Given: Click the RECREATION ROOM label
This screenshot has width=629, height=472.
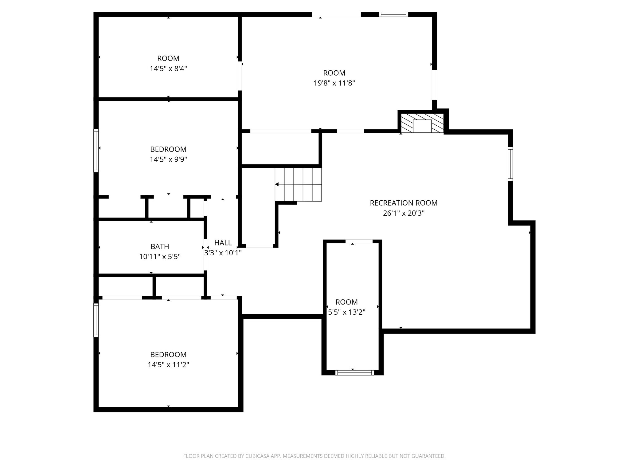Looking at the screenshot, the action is coord(404,203).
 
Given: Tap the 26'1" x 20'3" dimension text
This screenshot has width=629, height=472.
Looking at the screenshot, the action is coord(404,213).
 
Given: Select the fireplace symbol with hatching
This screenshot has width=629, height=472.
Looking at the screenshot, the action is coord(422,123).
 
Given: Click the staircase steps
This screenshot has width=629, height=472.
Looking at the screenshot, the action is coord(298,184).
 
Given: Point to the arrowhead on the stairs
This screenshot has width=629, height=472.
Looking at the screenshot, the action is coord(277,184).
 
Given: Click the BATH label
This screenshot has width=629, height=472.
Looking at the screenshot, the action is coord(160,246).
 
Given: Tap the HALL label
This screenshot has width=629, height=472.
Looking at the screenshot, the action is coord(223,243).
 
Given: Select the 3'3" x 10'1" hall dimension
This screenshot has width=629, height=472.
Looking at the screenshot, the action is coord(223,253).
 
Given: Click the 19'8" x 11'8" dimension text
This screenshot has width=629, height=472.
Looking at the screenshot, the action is coord(334,83).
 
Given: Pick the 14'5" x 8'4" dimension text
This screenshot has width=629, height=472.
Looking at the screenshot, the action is coord(168,69).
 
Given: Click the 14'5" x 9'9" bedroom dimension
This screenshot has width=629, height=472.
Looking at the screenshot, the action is coord(168,159).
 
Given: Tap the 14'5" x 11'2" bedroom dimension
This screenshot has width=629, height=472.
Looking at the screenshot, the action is coord(168,365).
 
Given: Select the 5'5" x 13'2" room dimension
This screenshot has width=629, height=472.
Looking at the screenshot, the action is coord(346,312).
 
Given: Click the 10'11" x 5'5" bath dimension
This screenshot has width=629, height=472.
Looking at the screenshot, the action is coord(160,257).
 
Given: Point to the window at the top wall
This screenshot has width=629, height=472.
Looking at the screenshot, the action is coord(393,14).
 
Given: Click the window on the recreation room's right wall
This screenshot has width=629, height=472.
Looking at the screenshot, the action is coord(510,164).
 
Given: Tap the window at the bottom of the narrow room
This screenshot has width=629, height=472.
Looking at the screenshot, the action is coord(355,373).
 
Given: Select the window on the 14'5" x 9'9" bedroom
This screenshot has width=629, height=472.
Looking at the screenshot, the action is coord(96,150).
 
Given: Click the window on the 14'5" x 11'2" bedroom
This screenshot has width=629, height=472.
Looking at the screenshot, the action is coord(96,320).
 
